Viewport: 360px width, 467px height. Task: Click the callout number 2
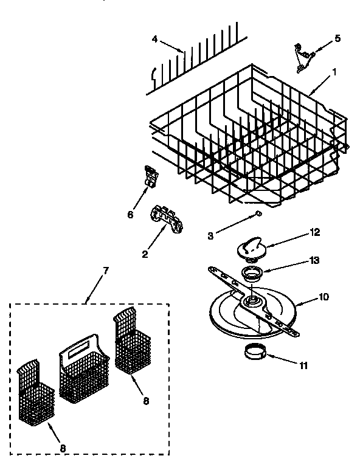coord(145,254)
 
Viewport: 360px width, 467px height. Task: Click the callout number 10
coord(324,298)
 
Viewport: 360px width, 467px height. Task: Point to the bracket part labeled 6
coord(150,176)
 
